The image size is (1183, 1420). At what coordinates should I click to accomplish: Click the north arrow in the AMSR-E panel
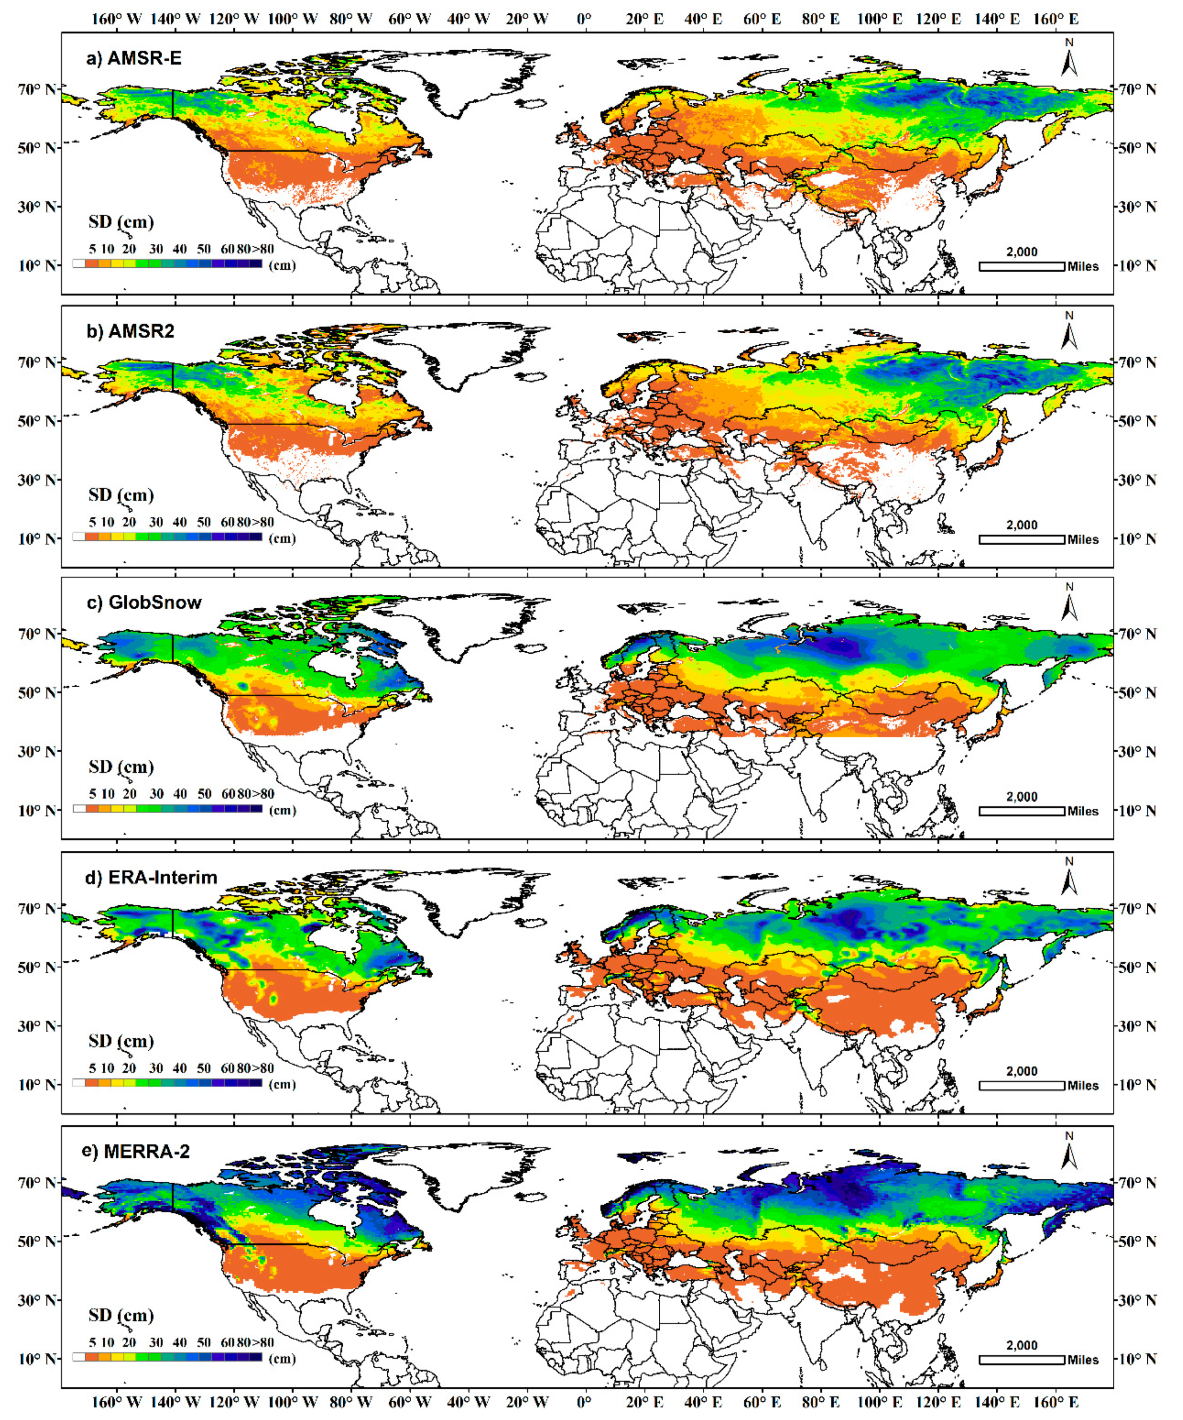1069,60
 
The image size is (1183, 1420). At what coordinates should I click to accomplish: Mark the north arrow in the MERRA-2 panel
1069,1153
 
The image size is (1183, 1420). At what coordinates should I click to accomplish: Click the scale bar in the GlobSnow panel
1021,811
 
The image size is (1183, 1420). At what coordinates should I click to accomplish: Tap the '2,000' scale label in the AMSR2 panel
1021,525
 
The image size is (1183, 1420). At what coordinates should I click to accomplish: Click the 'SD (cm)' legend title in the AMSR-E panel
121,222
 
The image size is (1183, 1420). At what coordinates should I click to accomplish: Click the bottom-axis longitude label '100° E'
879,1401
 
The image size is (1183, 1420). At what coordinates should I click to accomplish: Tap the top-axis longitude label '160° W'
116,19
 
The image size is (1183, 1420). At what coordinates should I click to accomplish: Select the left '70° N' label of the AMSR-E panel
37,89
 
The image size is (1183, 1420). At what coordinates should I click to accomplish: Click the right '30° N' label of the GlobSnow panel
1138,751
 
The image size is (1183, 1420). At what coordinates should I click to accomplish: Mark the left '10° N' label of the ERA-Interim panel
37,1085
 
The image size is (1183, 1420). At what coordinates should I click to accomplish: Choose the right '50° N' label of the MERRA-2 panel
1138,1241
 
